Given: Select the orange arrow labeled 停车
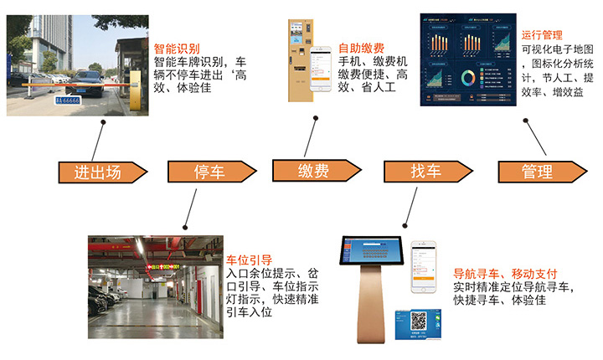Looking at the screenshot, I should (x=209, y=172).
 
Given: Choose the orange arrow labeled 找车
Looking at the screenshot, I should (x=425, y=172).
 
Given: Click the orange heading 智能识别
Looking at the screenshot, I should (x=177, y=49).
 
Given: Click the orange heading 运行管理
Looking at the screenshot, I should (x=541, y=35).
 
